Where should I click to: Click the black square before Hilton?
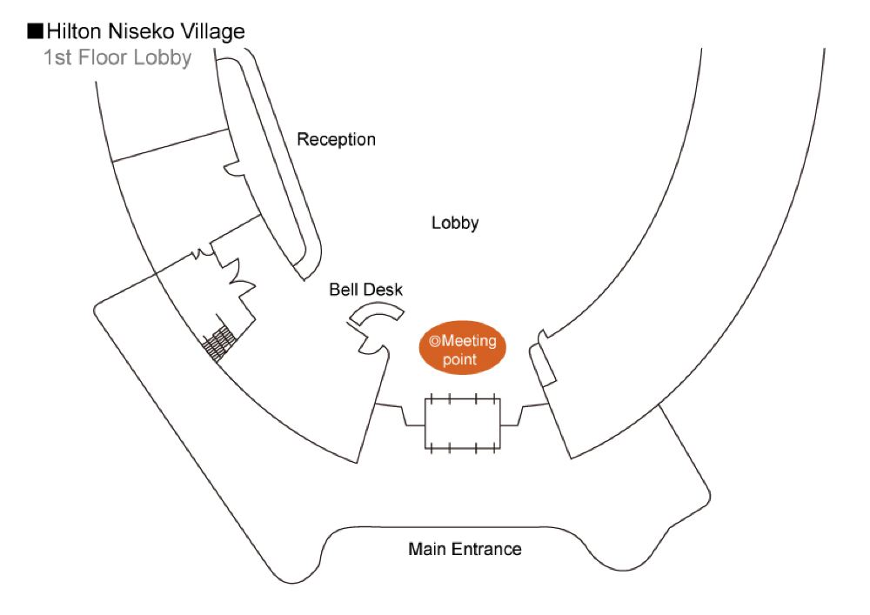(35, 32)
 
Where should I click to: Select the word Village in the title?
(211, 32)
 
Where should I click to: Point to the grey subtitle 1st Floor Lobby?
(117, 59)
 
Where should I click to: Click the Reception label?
(336, 139)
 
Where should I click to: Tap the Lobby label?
(455, 224)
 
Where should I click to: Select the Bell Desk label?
(365, 290)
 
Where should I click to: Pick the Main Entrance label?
(465, 549)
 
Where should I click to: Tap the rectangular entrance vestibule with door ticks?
(462, 424)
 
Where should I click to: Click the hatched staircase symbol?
(219, 343)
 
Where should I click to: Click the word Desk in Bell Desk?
(384, 290)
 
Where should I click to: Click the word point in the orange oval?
(460, 359)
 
